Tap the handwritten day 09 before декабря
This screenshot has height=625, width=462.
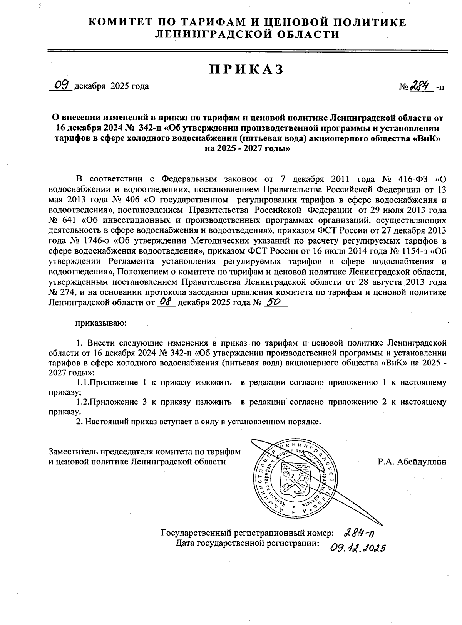coord(61,84)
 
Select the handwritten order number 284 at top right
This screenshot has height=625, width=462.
coord(420,86)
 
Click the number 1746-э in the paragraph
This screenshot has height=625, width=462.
coord(89,241)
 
